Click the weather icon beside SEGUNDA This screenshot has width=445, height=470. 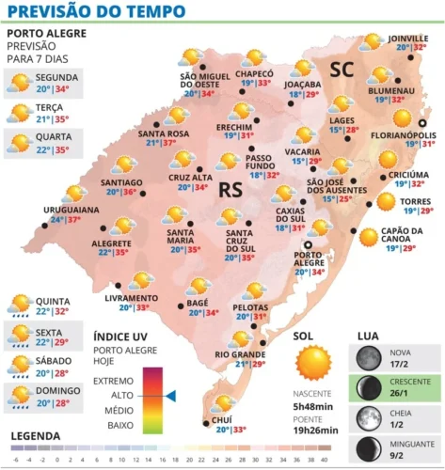click(x=19, y=84)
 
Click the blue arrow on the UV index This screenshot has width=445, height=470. click(x=170, y=397)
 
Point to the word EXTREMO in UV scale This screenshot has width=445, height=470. click(x=115, y=382)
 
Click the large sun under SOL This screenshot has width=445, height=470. click(x=313, y=362)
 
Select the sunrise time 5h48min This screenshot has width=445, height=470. click(x=314, y=406)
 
